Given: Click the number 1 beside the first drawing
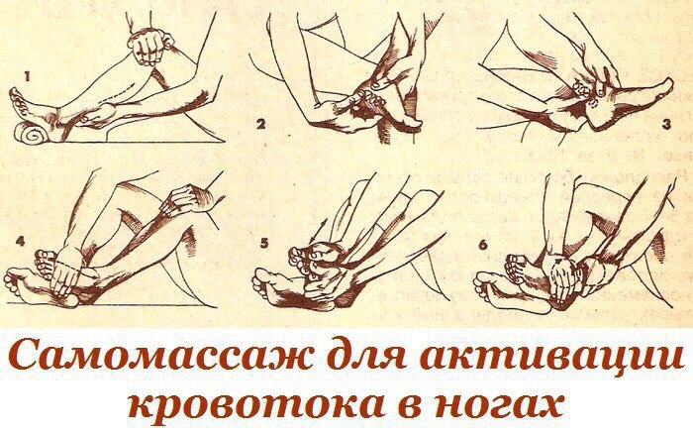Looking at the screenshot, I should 29,74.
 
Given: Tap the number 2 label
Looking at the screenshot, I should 258,125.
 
